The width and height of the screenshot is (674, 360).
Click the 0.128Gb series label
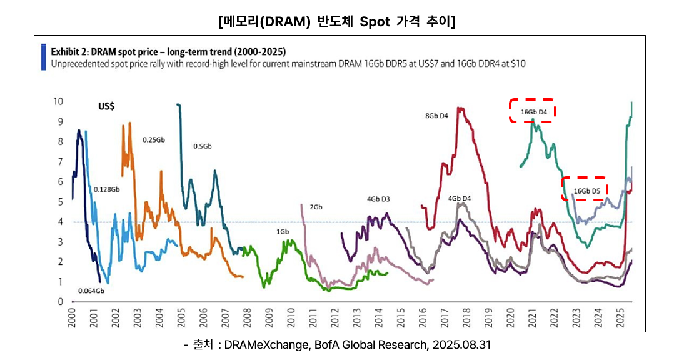(x=106, y=189)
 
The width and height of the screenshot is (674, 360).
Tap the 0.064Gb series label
(x=91, y=291)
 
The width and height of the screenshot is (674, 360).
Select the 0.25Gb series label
(x=153, y=140)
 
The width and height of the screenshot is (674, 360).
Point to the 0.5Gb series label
(x=203, y=146)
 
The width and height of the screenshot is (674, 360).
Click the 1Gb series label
(x=283, y=232)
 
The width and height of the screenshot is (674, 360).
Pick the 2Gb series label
(x=316, y=207)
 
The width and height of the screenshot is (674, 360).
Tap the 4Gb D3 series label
(x=378, y=199)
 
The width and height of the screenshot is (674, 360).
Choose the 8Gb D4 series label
(x=436, y=116)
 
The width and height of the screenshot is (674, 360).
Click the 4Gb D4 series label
(x=459, y=199)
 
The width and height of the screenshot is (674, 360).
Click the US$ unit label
(x=106, y=106)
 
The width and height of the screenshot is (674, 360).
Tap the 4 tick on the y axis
(x=61, y=222)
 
